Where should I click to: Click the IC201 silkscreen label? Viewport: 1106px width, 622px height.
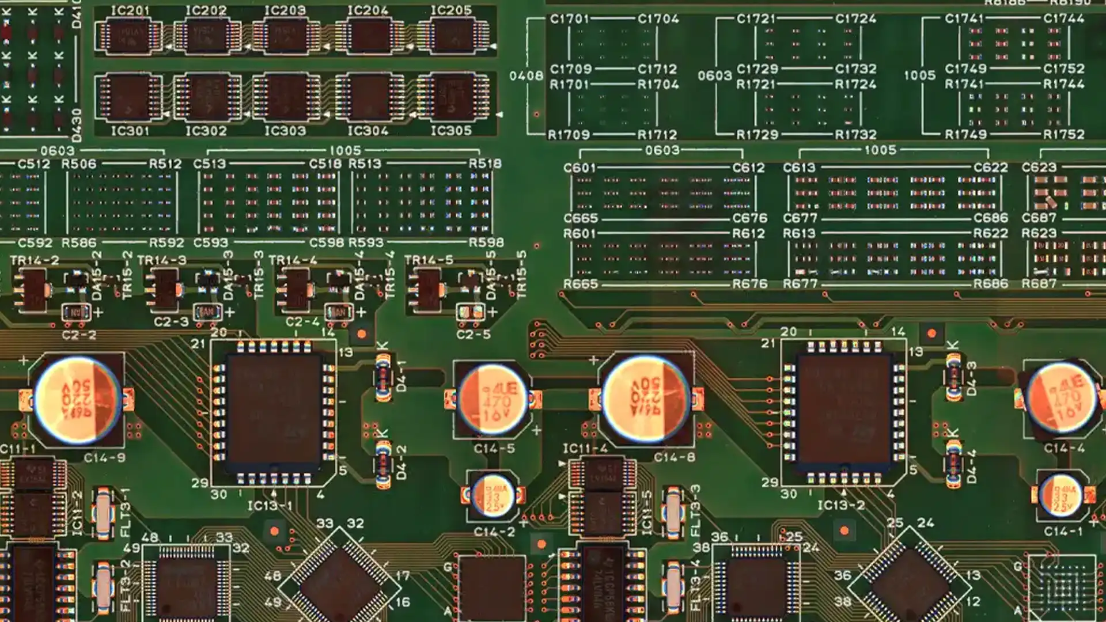(130, 10)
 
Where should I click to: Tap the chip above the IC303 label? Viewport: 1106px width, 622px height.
(285, 97)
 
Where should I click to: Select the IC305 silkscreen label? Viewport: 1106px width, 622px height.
(451, 131)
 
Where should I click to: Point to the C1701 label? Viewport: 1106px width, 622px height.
(569, 19)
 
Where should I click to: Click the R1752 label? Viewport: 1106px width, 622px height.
(1063, 134)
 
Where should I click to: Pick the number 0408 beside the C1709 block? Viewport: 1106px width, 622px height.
(526, 76)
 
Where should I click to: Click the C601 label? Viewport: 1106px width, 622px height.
(579, 168)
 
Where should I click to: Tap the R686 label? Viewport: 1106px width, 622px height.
(991, 284)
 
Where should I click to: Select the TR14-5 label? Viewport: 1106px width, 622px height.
(429, 260)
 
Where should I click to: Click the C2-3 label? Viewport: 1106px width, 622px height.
(171, 321)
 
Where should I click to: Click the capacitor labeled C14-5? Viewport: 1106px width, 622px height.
(493, 400)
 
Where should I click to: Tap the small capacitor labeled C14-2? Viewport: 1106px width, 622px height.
(493, 495)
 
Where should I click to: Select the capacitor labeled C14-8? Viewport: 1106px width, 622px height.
(645, 399)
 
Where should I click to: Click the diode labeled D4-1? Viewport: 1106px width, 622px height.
(383, 378)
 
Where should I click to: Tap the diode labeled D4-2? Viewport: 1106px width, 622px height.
(384, 464)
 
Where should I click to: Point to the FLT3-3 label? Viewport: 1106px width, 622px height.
(695, 510)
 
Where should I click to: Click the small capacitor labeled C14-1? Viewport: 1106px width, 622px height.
(1060, 495)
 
